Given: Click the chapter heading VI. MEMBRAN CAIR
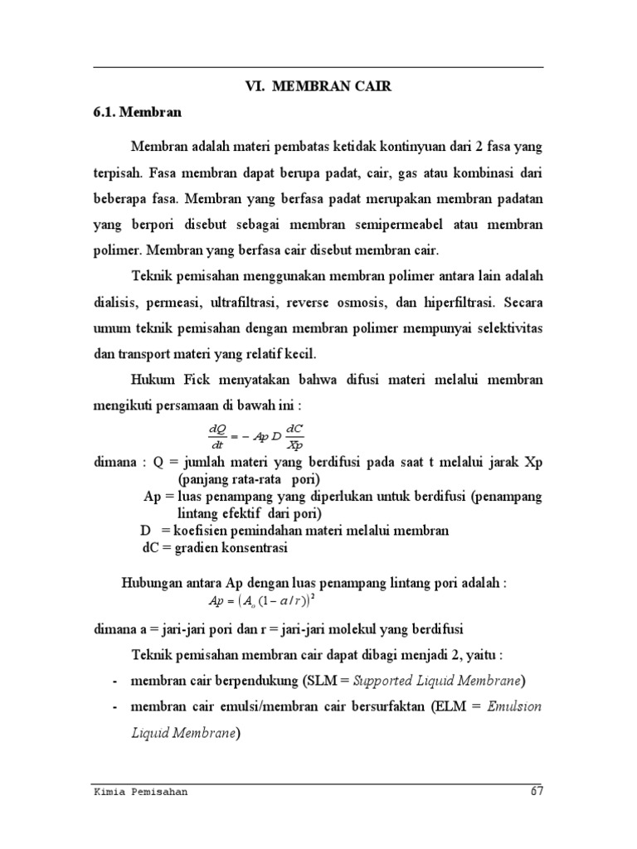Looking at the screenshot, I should tap(318, 86).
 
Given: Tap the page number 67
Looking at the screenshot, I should tap(537, 792).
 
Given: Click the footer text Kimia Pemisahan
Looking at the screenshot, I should tap(140, 792).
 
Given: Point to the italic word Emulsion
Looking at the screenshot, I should tap(514, 706).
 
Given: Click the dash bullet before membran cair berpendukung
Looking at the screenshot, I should tap(113, 682).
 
